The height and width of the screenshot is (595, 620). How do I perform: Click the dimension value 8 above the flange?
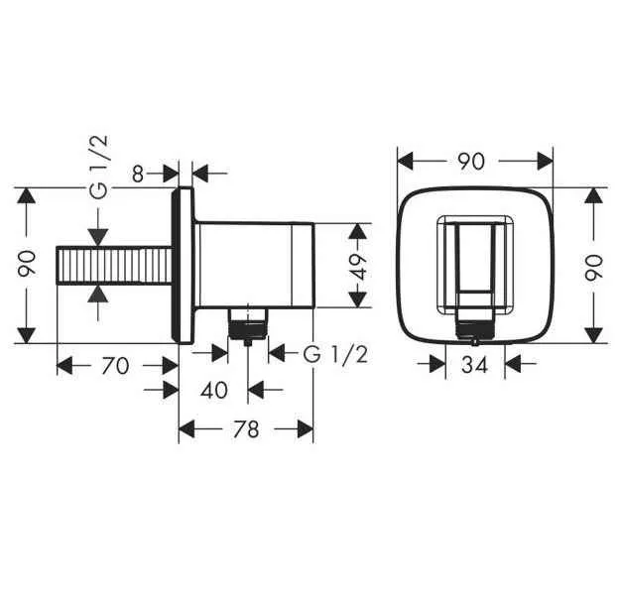tap(138, 174)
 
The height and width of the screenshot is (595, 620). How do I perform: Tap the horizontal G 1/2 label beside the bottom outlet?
tap(335, 354)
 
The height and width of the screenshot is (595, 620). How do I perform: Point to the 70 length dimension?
tap(115, 366)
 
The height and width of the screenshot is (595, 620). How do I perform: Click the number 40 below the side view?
tap(214, 390)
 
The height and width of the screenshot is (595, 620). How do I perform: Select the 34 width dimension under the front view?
tap(475, 365)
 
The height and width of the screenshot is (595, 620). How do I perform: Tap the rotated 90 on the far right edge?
tap(594, 265)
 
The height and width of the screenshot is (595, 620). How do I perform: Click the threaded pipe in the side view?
tap(117, 266)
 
